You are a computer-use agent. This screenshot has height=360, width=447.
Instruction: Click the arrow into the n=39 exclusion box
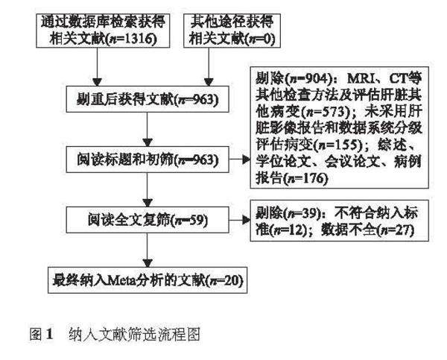pyautogui.click(x=238, y=221)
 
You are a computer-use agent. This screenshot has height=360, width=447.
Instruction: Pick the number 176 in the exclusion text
pyautogui.click(x=308, y=179)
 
